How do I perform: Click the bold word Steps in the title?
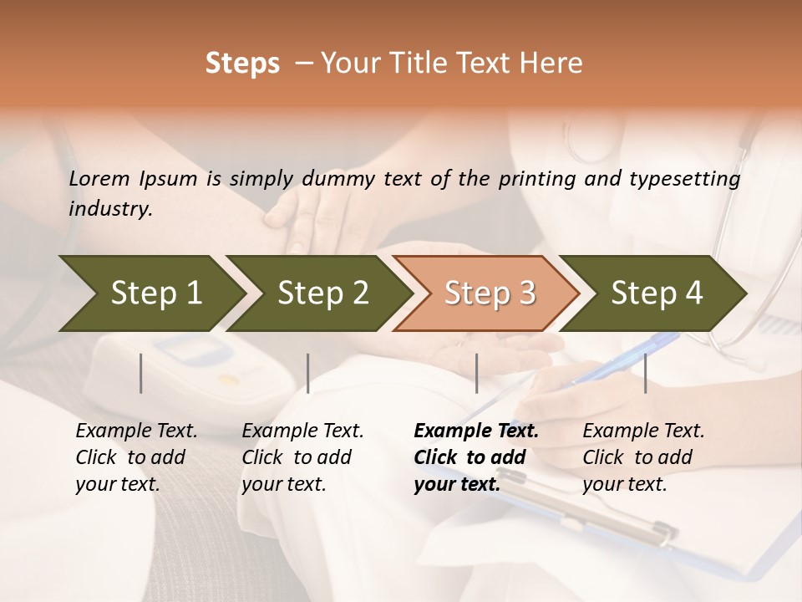[x=242, y=64]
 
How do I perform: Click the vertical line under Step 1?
[x=141, y=373]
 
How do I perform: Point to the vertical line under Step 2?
[x=308, y=373]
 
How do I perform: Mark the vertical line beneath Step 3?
[x=477, y=373]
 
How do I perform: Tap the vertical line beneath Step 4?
[x=646, y=373]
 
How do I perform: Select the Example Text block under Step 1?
[x=136, y=457]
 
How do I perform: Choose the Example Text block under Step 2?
[x=302, y=457]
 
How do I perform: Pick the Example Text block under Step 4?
[x=643, y=457]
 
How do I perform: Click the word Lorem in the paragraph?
[x=99, y=179]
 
